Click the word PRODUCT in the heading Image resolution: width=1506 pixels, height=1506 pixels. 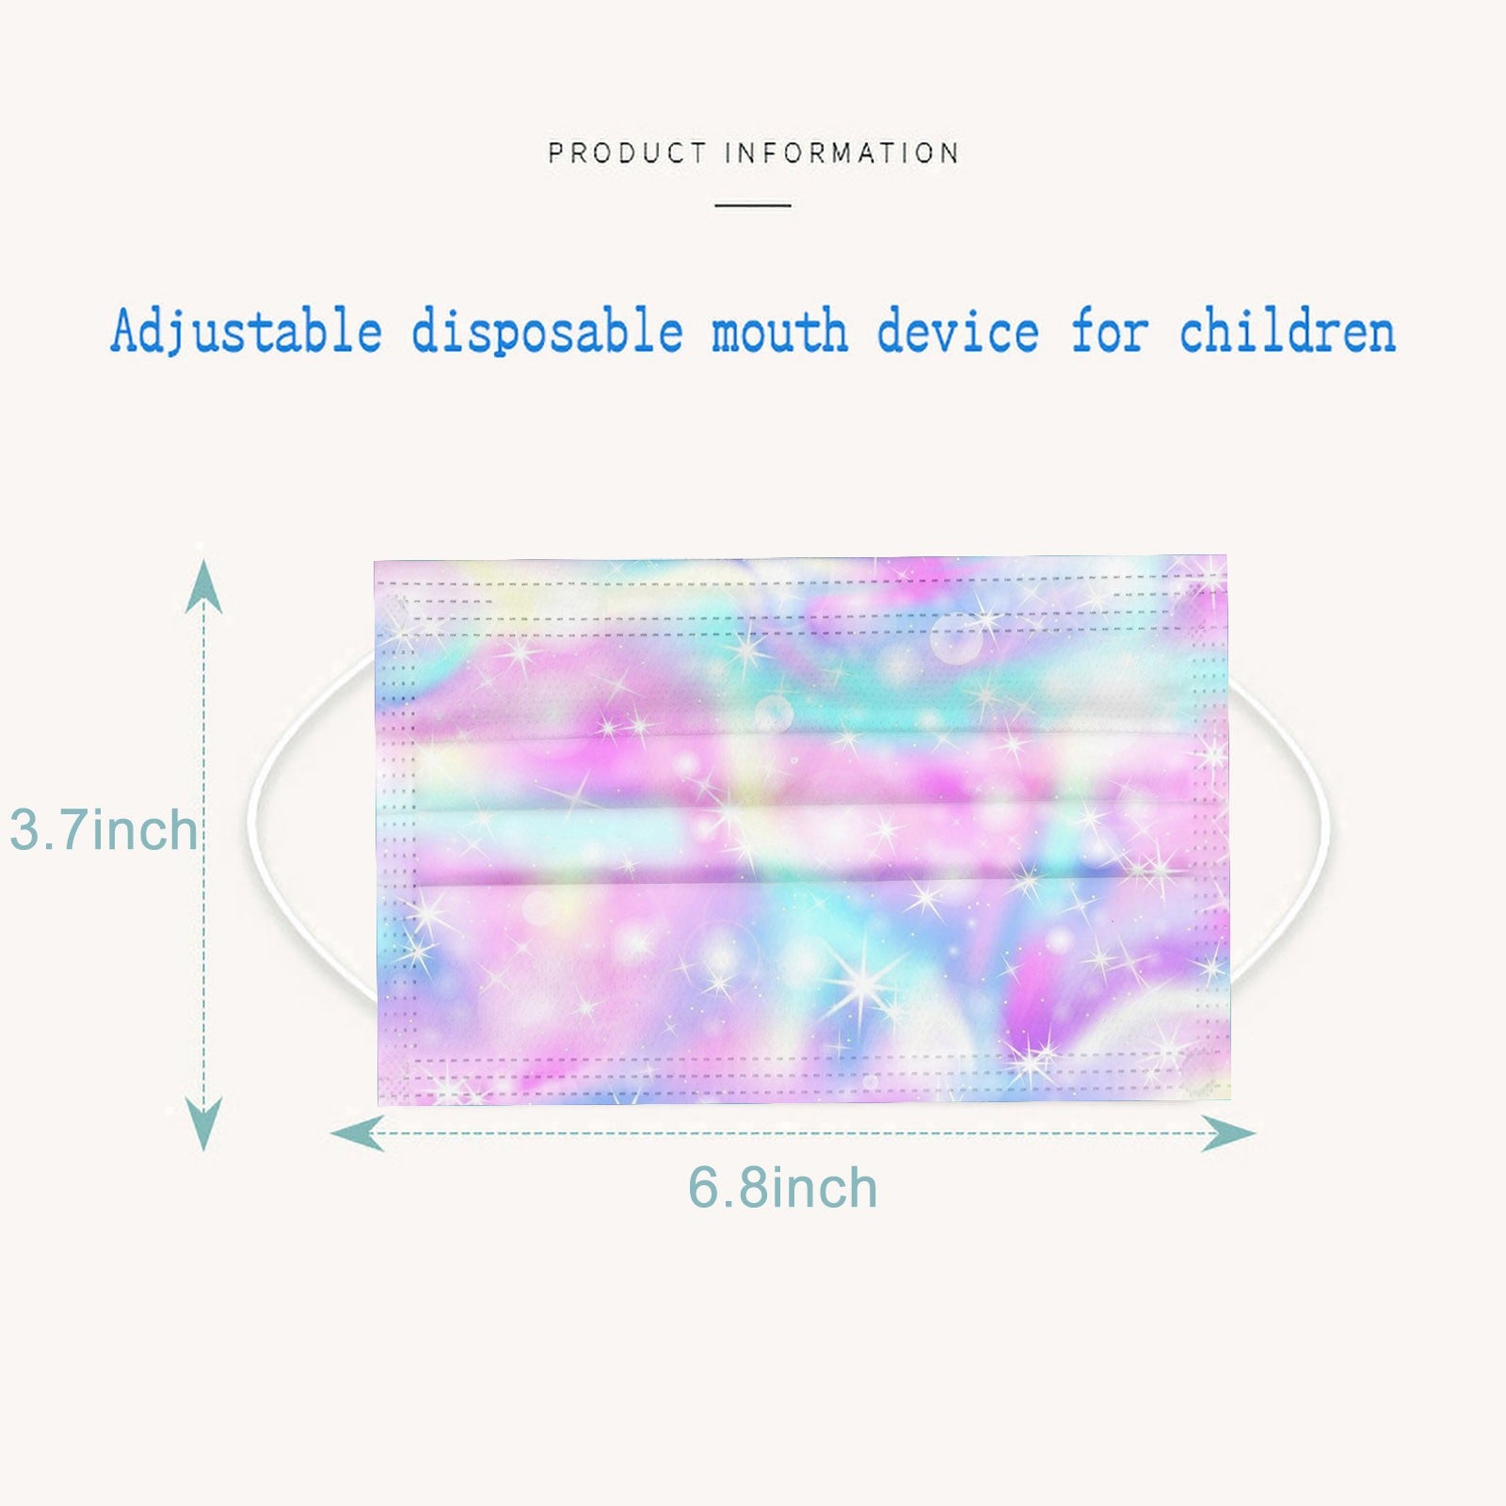[627, 152]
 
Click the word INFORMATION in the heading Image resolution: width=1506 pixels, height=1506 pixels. [842, 152]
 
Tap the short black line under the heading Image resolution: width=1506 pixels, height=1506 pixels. [753, 204]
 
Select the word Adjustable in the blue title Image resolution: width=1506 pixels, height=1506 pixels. [247, 332]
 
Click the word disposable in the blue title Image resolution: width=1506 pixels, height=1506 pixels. [547, 332]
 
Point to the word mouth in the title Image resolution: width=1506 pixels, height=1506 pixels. [779, 332]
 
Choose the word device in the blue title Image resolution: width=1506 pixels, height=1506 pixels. [958, 332]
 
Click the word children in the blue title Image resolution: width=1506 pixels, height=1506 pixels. [1288, 332]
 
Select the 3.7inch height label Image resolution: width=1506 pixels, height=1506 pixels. [104, 830]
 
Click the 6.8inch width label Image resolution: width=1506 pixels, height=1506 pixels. [783, 1188]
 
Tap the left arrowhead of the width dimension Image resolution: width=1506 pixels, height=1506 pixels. [358, 1132]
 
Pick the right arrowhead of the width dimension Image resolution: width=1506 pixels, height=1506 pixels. [1228, 1133]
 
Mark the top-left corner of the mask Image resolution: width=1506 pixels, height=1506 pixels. [375, 562]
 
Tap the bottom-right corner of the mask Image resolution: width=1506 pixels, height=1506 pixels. [1230, 1097]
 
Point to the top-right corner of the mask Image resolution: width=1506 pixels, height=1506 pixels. [1226, 556]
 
